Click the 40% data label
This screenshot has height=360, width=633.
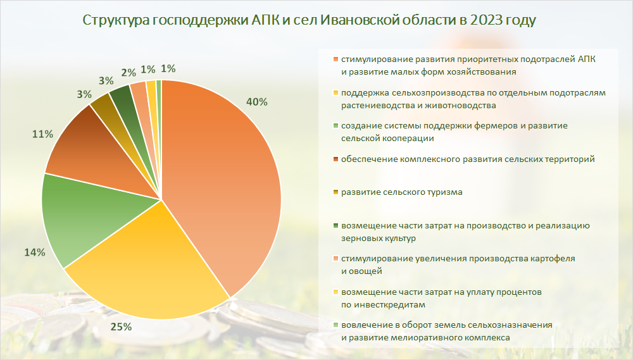tap(257, 102)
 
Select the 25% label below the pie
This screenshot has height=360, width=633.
tap(121, 327)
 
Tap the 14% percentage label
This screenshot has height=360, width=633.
tap(34, 252)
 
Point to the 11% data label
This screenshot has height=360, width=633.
tap(42, 134)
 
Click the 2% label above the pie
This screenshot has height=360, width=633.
tap(128, 73)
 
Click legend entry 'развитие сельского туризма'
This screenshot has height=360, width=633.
tap(402, 192)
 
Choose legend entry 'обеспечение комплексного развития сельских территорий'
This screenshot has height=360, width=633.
tap(468, 159)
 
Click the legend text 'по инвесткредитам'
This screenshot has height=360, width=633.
tap(383, 305)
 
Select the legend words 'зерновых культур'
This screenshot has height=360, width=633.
tap(379, 238)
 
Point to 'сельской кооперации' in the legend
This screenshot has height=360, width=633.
tap(387, 139)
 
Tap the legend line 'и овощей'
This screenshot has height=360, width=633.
tap(361, 271)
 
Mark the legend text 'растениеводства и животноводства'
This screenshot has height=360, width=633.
tap(418, 106)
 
